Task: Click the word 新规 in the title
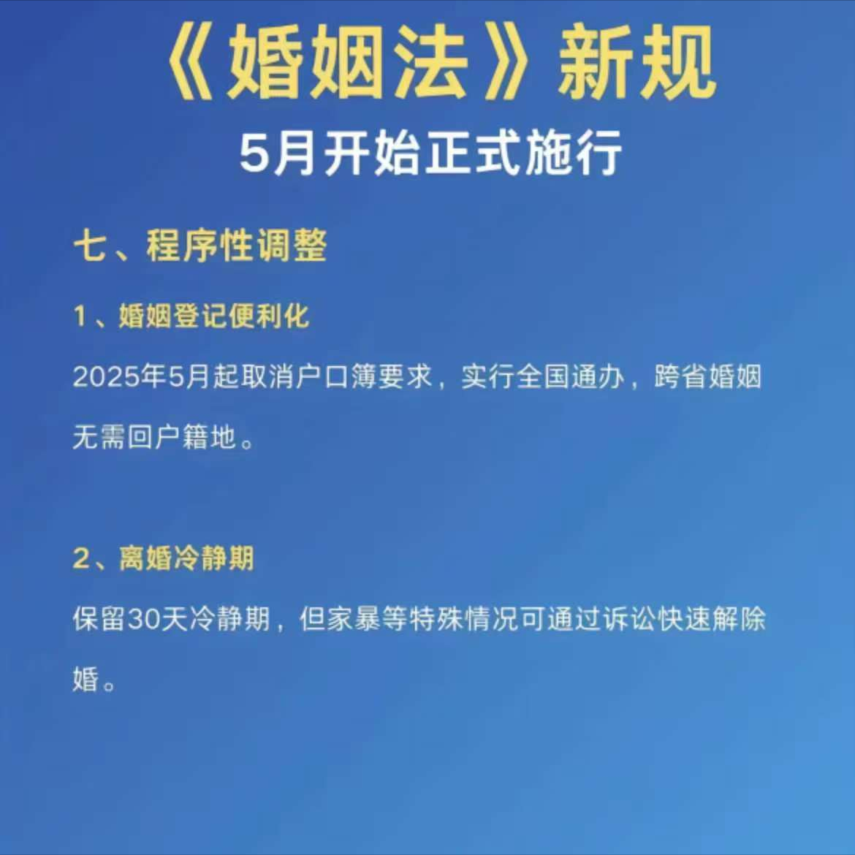(x=636, y=64)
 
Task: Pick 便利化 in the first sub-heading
(x=269, y=316)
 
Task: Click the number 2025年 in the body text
(x=120, y=377)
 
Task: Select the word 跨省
(x=680, y=377)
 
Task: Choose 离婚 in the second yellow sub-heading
(x=145, y=558)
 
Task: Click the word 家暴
(x=354, y=620)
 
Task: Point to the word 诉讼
(x=629, y=620)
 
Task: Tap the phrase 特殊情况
(x=463, y=620)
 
